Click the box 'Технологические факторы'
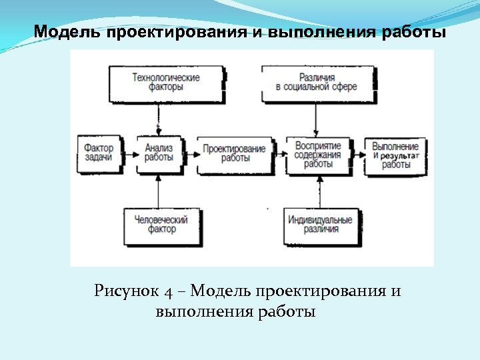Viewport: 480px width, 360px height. [166, 83]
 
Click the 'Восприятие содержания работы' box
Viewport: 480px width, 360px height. [319, 155]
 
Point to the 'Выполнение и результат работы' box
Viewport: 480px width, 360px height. [395, 155]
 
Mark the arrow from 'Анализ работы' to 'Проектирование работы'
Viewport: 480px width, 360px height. [189, 154]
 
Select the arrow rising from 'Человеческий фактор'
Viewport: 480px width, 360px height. [158, 191]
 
